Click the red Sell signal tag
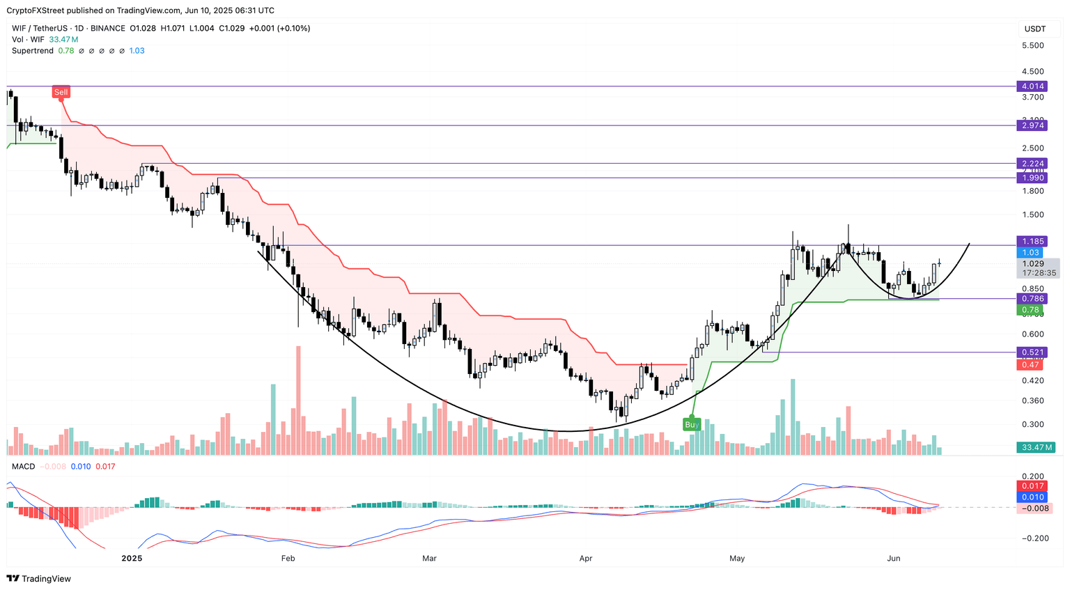coord(61,92)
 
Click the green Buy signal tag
coord(692,424)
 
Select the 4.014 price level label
coord(1032,86)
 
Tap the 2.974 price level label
coord(1032,125)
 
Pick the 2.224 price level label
coord(1032,164)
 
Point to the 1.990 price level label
coord(1032,178)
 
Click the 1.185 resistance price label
coord(1032,242)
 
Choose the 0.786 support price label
coord(1032,299)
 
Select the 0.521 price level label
coord(1032,352)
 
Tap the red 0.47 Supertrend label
coord(1030,365)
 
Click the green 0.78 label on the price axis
coord(1030,310)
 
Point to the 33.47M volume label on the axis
coord(1034,447)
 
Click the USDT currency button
coord(1035,29)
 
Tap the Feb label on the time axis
coord(288,558)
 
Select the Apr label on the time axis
coord(586,558)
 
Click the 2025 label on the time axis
coord(132,558)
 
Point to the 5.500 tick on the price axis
coord(1032,45)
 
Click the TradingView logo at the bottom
coord(39,579)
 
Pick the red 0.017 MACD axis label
coord(1032,486)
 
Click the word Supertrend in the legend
coord(32,51)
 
